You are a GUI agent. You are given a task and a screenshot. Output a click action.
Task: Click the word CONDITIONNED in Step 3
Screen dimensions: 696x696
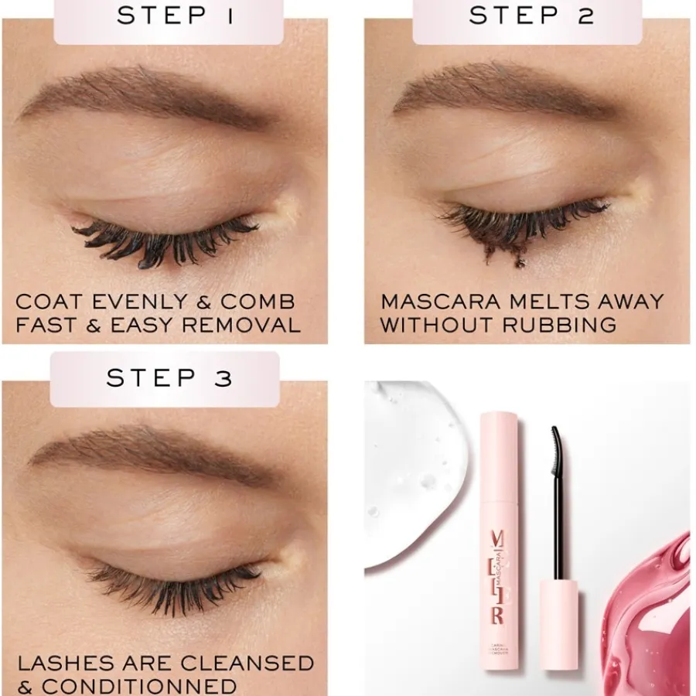click(x=139, y=686)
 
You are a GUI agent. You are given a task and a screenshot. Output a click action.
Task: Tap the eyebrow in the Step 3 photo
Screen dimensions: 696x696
click(x=147, y=456)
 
